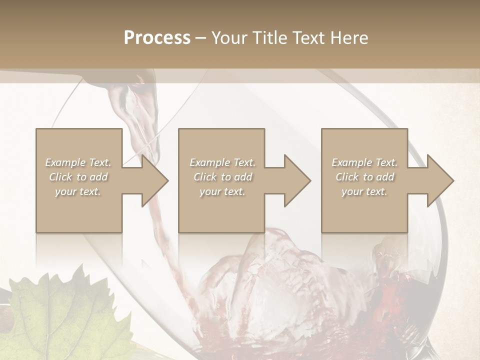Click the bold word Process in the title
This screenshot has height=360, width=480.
(157, 38)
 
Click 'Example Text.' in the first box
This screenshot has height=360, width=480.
(78, 162)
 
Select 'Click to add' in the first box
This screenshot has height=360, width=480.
(78, 177)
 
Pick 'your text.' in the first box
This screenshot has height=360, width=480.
(78, 191)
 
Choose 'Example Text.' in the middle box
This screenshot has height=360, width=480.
(222, 162)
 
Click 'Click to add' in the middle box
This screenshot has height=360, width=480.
(222, 177)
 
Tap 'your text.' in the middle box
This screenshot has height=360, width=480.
(222, 191)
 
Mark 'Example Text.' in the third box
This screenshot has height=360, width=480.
(364, 162)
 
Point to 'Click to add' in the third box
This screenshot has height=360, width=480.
(364, 177)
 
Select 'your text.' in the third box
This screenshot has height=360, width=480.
(364, 191)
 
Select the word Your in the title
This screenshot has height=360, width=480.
(229, 38)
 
